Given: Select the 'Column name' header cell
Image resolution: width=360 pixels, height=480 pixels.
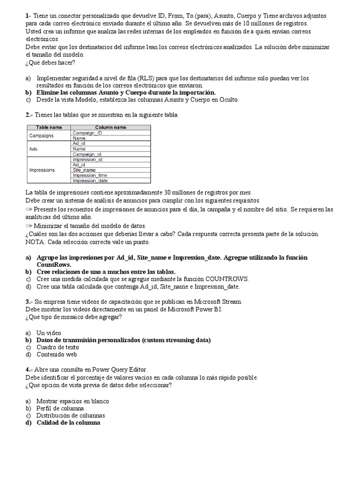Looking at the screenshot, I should point(111,127).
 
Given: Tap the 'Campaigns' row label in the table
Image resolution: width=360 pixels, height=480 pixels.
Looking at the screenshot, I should point(41,135).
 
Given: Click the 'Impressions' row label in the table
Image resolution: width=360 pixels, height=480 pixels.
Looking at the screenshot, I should point(42,170).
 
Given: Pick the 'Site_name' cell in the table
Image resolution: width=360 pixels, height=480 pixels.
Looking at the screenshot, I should point(84,170).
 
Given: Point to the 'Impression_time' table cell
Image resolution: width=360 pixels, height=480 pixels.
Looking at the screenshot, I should point(90,175).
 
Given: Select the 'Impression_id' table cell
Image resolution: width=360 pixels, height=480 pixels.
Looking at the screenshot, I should point(88,159).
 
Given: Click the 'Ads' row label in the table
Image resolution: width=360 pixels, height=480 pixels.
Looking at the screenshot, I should point(33,149).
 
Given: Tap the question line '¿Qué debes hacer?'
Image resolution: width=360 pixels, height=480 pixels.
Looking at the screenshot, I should point(51,63).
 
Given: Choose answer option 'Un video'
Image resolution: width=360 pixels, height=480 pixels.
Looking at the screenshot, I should point(49,332).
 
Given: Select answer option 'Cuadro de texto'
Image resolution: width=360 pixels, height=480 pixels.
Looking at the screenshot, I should point(58,347).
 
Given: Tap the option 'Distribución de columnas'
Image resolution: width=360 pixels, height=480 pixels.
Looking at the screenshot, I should point(71,415).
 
